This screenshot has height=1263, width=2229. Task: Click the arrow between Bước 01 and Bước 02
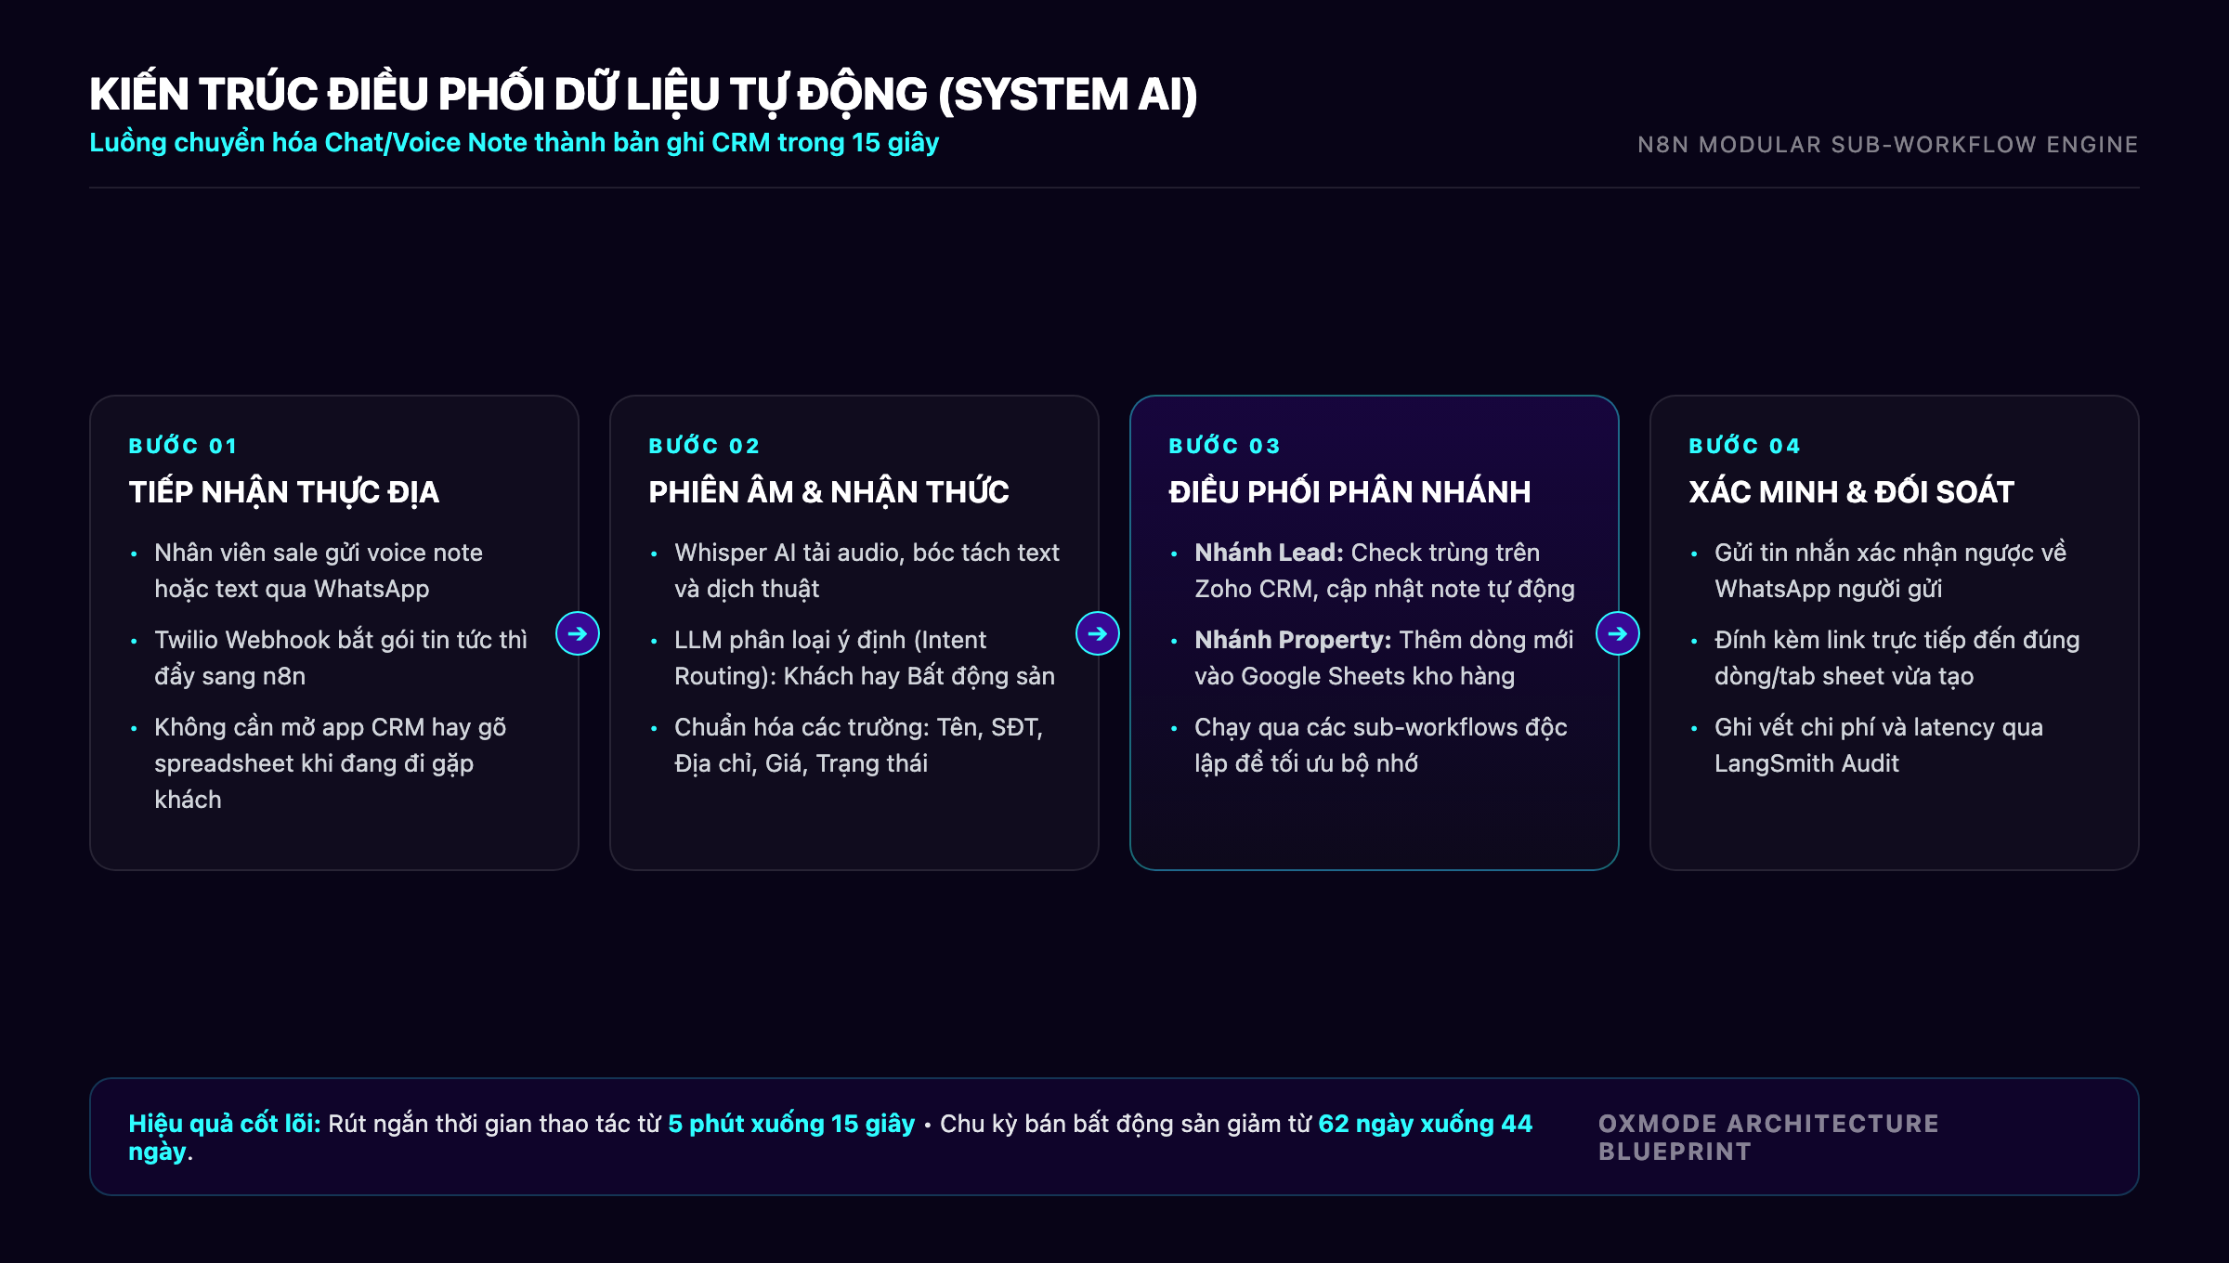pyautogui.click(x=578, y=633)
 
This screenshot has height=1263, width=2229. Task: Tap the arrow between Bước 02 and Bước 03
pyautogui.click(x=1098, y=633)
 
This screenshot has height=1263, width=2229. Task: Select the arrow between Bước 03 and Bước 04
pyautogui.click(x=1618, y=633)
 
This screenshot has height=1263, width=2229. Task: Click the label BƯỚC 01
pyautogui.click(x=183, y=446)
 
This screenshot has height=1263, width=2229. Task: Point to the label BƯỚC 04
pyautogui.click(x=1744, y=446)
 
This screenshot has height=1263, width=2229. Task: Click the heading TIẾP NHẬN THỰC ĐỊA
pyautogui.click(x=284, y=491)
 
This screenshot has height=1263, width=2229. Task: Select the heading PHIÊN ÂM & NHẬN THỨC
pyautogui.click(x=828, y=491)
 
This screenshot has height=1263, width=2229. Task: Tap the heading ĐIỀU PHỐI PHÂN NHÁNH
pyautogui.click(x=1349, y=491)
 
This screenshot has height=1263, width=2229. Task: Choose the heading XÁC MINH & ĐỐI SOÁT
pyautogui.click(x=1851, y=491)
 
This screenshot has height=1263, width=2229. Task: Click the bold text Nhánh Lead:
pyautogui.click(x=1269, y=553)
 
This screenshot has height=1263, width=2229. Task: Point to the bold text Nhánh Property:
pyautogui.click(x=1293, y=640)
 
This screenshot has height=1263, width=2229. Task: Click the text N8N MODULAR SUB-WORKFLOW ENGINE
pyautogui.click(x=1887, y=145)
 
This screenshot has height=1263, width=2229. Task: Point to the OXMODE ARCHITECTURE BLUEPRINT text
pyautogui.click(x=1768, y=1138)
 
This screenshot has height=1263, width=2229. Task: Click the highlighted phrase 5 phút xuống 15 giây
pyautogui.click(x=791, y=1124)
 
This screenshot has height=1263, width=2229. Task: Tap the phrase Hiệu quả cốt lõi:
pyautogui.click(x=225, y=1124)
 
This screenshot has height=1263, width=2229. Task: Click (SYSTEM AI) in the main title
pyautogui.click(x=1068, y=95)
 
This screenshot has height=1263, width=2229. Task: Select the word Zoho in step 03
pyautogui.click(x=1223, y=589)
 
